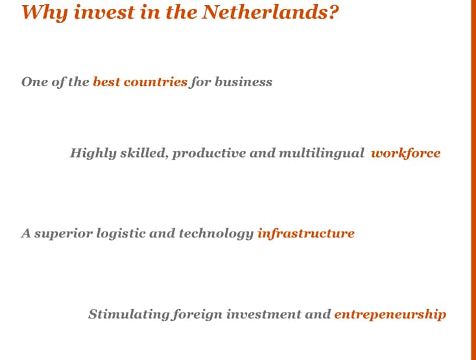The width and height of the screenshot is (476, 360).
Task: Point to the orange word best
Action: tap(106, 82)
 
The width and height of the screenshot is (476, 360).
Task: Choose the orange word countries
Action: tap(155, 82)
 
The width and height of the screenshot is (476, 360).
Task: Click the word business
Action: tap(243, 82)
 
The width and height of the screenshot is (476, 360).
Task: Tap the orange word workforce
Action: tap(405, 154)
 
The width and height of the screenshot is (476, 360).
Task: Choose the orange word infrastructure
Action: tap(305, 234)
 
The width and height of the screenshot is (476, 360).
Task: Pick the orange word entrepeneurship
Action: tap(390, 315)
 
